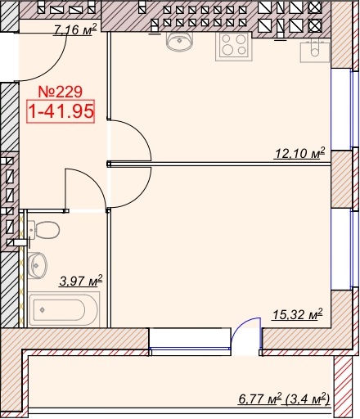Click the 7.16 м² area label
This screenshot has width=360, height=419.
pos(75,29)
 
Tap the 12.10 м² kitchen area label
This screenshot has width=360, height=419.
pos(300,153)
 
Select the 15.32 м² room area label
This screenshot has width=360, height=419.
pos(298,314)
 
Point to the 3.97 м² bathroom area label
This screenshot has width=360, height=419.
pos(81,281)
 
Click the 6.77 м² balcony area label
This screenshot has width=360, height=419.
pos(260,399)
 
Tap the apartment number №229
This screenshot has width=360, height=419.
pos(61,92)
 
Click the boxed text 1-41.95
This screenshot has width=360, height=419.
pos(61,111)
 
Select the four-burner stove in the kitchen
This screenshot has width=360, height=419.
pos(234,46)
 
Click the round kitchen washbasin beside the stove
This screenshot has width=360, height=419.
pos(179,42)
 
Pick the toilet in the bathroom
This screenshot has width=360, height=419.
pos(43,230)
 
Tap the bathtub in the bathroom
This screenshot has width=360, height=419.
pos(64,309)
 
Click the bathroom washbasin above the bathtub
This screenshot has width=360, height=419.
pos(38,265)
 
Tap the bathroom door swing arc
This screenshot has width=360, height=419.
pos(94,182)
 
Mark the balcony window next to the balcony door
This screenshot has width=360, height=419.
pos(190,342)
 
